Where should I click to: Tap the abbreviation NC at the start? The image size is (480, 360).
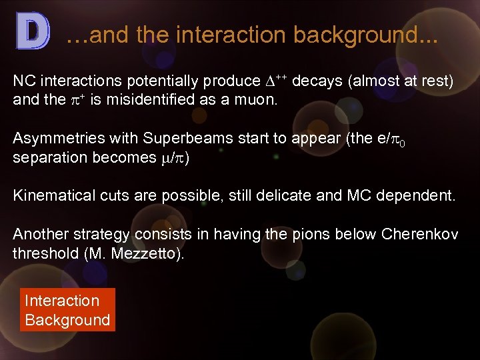[24, 81]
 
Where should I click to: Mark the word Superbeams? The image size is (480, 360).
[177, 139]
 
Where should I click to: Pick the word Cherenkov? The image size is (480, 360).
[430, 234]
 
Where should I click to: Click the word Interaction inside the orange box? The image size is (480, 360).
[62, 301]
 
